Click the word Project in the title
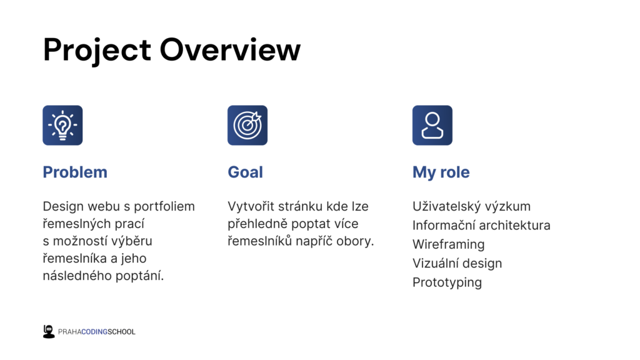[97, 51]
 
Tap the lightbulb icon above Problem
[62, 125]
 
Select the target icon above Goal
[247, 125]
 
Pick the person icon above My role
[432, 125]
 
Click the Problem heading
[75, 172]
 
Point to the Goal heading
[245, 172]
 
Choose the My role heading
[441, 172]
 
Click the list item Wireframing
[449, 244]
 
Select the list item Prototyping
[447, 282]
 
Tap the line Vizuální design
[457, 263]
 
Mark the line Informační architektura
[481, 225]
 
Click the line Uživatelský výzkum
[471, 206]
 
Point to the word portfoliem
[164, 207]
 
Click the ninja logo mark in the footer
[49, 332]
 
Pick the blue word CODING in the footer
[94, 332]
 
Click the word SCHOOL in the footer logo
[121, 332]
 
